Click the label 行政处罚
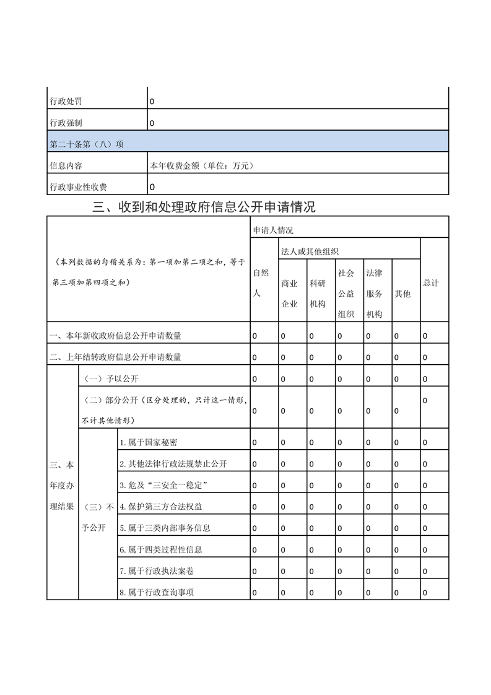pos(65,101)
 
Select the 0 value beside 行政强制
pos(152,123)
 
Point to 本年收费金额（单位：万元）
pos(202,165)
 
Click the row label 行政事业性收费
pos(78,187)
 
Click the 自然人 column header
pos(261,282)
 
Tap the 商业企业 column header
pos(289,294)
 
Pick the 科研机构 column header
pos(318,294)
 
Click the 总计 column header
pos(431,282)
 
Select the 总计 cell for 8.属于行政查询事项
pos(425,593)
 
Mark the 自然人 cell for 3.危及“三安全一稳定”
pos(254,486)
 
